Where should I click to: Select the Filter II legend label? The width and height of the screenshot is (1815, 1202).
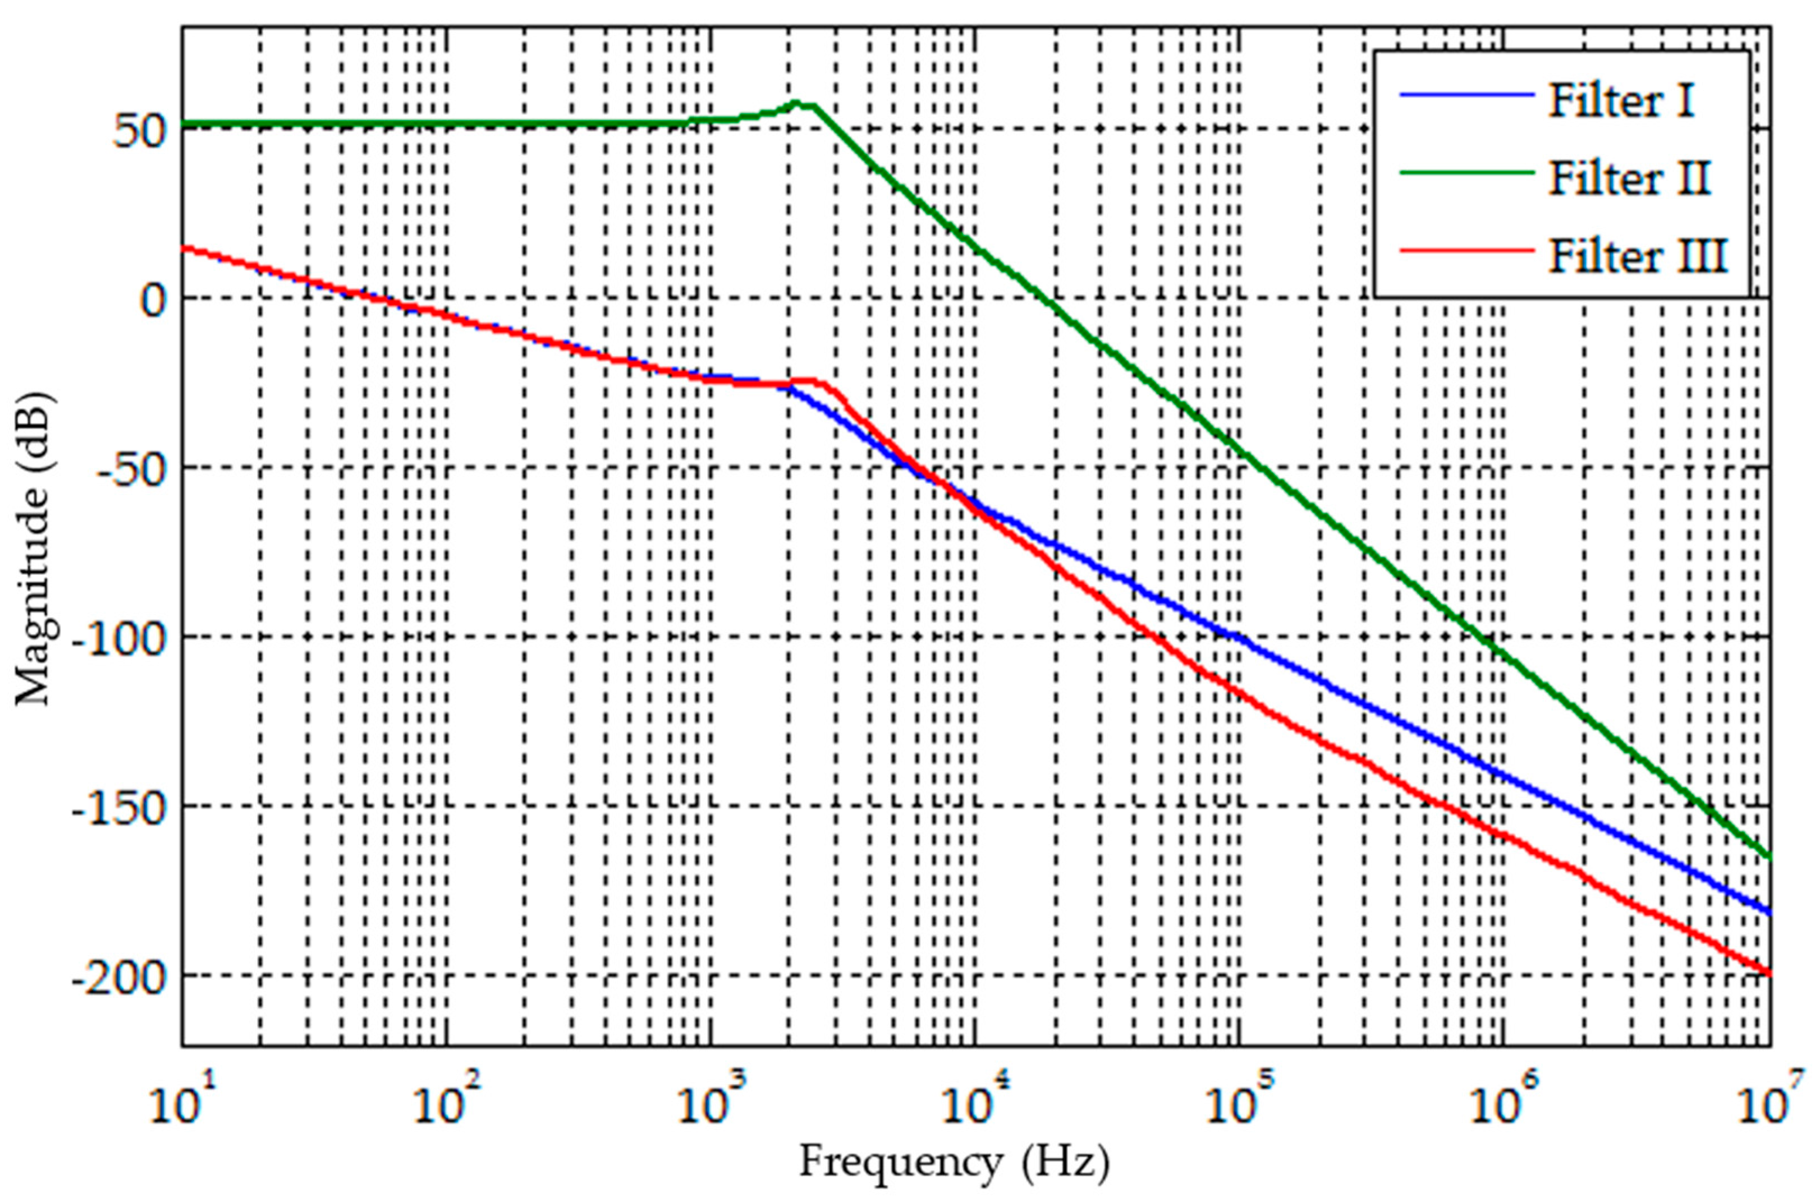click(x=1629, y=178)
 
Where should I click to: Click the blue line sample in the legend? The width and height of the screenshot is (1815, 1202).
click(x=1466, y=96)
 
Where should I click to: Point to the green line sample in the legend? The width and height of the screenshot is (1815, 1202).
click(x=1466, y=173)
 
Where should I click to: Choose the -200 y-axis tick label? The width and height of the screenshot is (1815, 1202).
click(x=119, y=978)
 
